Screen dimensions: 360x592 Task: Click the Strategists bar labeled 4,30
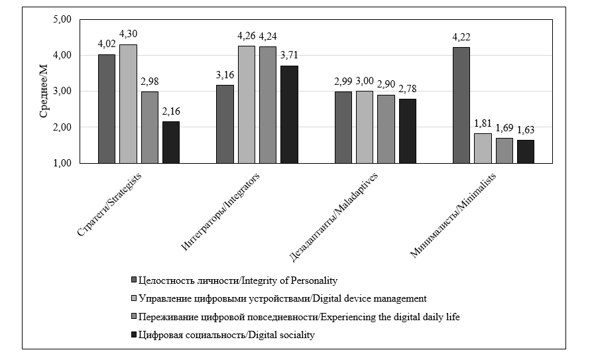tap(128, 104)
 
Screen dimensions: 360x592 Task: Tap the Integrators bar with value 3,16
tap(225, 124)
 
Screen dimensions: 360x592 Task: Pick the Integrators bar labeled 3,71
tap(289, 114)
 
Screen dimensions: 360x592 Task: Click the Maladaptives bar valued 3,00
tap(365, 127)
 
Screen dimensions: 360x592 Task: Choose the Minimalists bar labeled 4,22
tap(461, 105)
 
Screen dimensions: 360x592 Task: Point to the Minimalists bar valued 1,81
tap(483, 148)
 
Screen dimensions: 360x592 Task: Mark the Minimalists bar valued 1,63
tap(526, 151)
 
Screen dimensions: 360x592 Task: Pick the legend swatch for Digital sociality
tap(134, 335)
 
